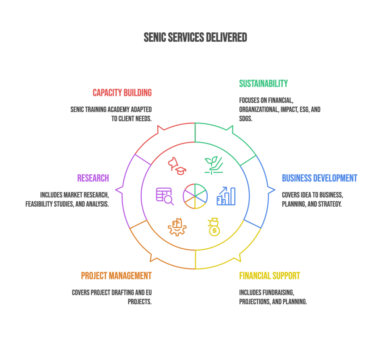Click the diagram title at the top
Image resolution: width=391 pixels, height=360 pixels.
click(195, 37)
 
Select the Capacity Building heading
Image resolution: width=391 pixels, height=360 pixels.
click(122, 93)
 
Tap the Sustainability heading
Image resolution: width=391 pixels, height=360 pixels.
click(263, 84)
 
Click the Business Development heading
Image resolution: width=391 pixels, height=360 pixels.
click(320, 178)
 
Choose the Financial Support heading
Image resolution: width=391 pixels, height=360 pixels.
click(270, 276)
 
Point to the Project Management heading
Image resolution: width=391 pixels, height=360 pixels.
click(116, 276)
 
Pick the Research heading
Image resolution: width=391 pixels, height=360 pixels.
click(93, 178)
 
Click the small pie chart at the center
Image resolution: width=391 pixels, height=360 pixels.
click(195, 196)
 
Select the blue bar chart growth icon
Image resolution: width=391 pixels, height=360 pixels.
click(226, 196)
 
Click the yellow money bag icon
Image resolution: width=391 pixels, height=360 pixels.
click(214, 227)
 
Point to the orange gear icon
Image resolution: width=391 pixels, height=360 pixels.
click(177, 227)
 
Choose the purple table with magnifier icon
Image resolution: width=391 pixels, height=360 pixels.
click(165, 196)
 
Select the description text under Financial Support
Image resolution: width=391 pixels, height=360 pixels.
click(273, 297)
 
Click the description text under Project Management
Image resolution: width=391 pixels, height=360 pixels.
click(112, 297)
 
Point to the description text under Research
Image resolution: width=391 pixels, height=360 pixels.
click(67, 199)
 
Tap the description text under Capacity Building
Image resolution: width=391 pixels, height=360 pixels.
click(111, 114)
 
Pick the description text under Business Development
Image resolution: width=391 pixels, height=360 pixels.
click(312, 199)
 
